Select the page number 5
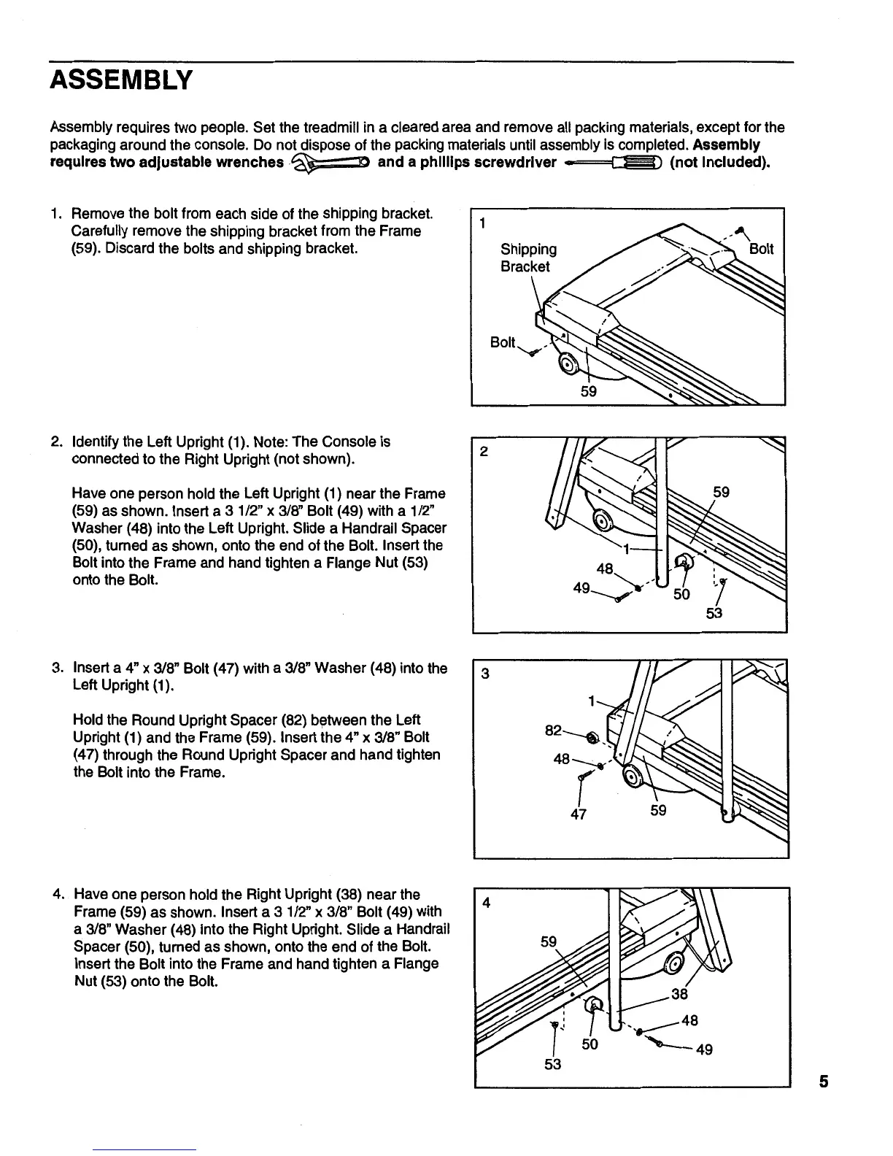[x=824, y=1082]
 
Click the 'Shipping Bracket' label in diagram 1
[x=527, y=258]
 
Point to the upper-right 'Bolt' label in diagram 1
[x=761, y=249]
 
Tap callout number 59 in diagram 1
[x=589, y=391]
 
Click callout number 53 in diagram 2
[x=714, y=613]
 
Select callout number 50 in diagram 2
[x=681, y=594]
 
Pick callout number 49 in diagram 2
[x=581, y=587]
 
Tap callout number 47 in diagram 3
[x=578, y=813]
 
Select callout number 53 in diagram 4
[x=552, y=1064]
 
